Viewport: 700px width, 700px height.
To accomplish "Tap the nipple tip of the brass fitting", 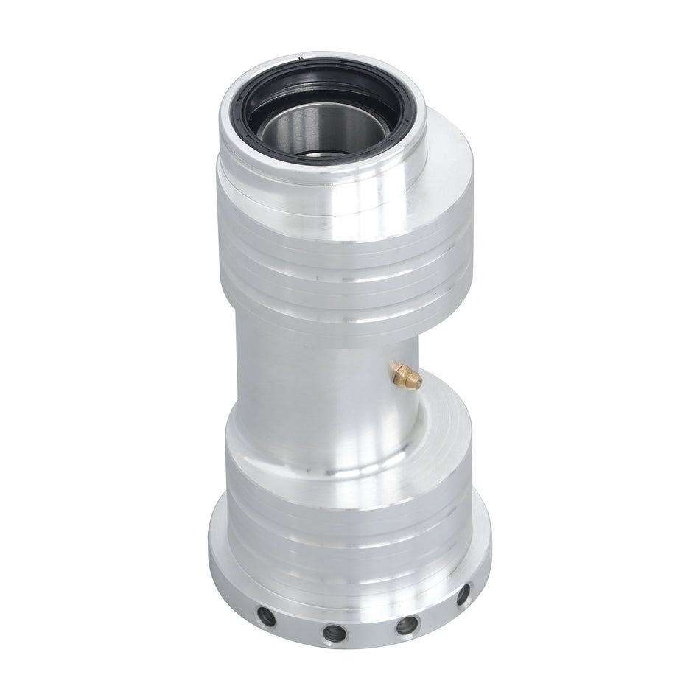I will point(416,381).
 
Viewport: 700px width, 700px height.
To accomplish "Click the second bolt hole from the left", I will point(333,632).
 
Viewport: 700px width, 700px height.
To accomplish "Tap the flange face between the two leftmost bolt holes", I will point(299,626).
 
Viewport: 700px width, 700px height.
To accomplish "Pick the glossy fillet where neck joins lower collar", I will point(324,442).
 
